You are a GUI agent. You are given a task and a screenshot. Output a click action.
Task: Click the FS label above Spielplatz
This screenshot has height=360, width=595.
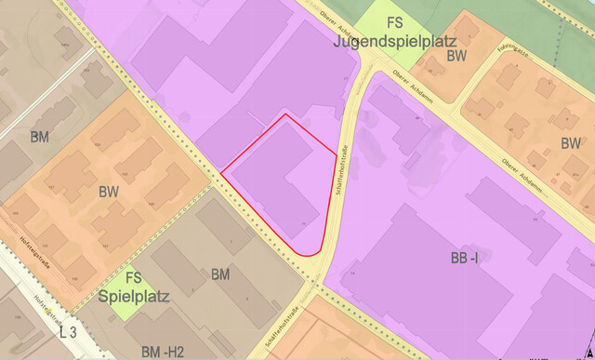pyautogui.click(x=134, y=277)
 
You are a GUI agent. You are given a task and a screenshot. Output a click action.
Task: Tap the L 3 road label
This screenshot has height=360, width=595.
pyautogui.click(x=67, y=332)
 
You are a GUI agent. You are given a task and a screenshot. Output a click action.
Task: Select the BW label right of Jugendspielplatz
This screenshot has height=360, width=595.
pyautogui.click(x=456, y=57)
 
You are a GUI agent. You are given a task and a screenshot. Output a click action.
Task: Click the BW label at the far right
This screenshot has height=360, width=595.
pyautogui.click(x=571, y=143)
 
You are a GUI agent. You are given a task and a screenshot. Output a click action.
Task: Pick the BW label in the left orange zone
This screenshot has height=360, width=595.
pyautogui.click(x=108, y=192)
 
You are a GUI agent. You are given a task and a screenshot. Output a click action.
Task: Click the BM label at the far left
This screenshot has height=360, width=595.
pyautogui.click(x=39, y=138)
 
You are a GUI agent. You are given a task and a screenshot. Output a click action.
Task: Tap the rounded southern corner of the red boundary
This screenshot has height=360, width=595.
pyautogui.click(x=311, y=252)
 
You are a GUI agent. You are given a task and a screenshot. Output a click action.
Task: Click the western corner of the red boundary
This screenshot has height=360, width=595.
pyautogui.click(x=221, y=172)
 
